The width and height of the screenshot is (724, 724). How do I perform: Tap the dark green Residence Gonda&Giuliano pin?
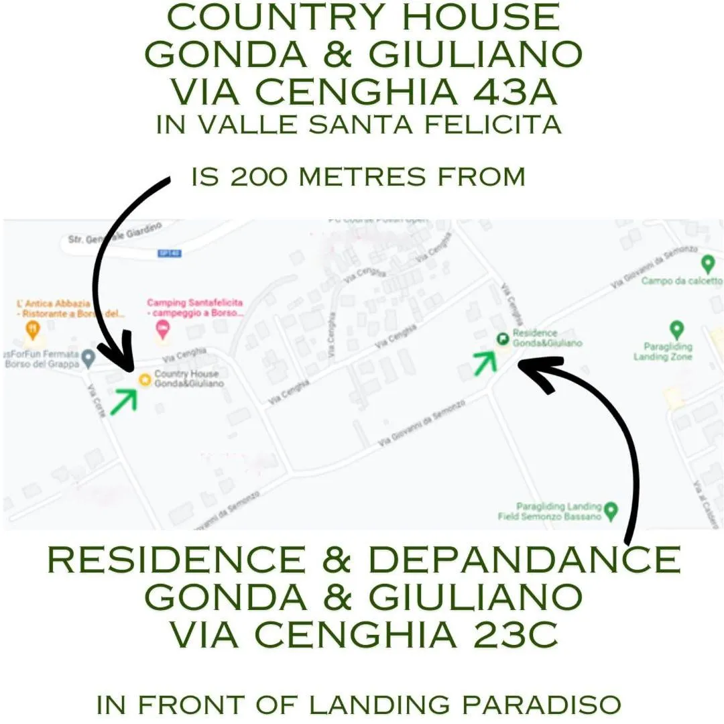pyautogui.click(x=502, y=339)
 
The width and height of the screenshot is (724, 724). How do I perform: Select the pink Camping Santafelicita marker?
pyautogui.click(x=162, y=329)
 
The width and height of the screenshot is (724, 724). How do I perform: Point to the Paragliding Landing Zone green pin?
pyautogui.click(x=677, y=329)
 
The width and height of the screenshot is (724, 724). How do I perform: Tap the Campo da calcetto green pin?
pyautogui.click(x=707, y=263)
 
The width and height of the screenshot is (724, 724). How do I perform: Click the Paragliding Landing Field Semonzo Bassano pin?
pyautogui.click(x=610, y=512)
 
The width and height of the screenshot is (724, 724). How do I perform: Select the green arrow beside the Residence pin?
pyautogui.click(x=485, y=361)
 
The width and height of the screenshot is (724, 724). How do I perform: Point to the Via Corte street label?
pyautogui.click(x=96, y=400)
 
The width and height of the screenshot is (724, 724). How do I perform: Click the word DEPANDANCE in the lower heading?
pyautogui.click(x=524, y=560)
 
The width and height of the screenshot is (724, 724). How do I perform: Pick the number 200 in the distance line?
pyautogui.click(x=259, y=177)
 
